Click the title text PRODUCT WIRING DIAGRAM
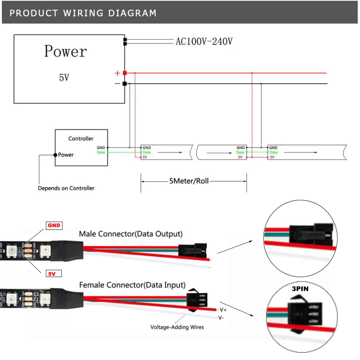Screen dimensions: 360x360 click(x=83, y=13)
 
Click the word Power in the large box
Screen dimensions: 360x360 click(x=66, y=51)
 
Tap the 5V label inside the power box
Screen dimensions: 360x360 click(x=64, y=78)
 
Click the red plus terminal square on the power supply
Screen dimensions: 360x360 click(x=125, y=73)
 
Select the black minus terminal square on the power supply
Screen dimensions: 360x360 click(x=125, y=84)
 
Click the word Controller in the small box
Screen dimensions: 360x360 click(x=81, y=139)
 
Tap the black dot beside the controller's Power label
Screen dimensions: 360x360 click(x=55, y=155)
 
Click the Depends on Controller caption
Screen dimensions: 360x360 click(x=66, y=188)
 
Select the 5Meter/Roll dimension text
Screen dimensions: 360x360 click(x=189, y=181)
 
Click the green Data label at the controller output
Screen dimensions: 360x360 click(x=101, y=153)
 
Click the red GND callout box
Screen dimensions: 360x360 click(x=54, y=226)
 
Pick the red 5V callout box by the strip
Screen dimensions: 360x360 click(x=53, y=274)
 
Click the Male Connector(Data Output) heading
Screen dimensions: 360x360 click(x=131, y=234)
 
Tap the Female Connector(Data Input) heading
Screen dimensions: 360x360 click(x=132, y=285)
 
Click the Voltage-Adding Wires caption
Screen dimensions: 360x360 click(x=177, y=327)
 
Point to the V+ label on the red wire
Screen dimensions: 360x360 click(x=222, y=310)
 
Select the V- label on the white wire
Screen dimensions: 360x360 click(x=222, y=318)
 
